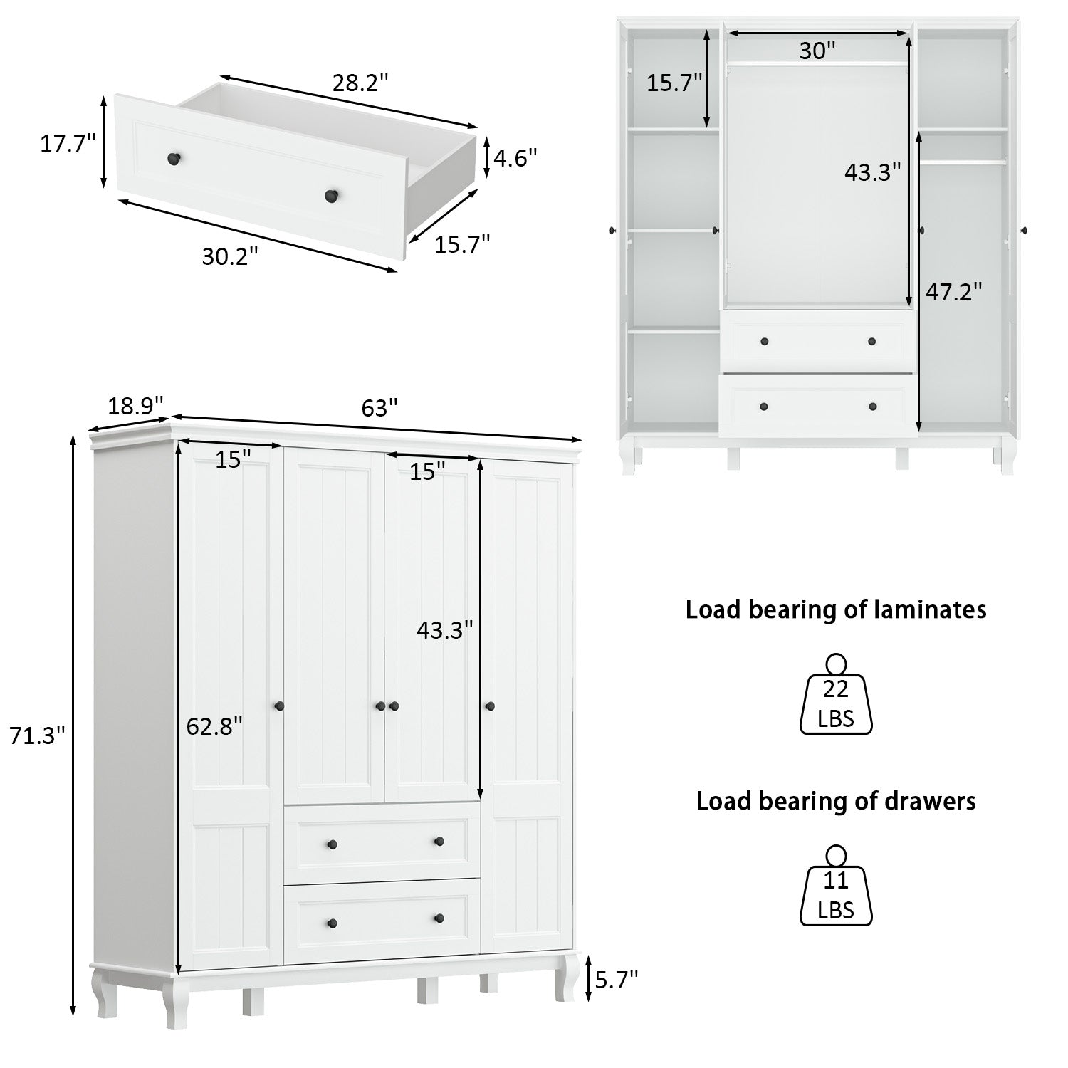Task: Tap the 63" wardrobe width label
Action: pyautogui.click(x=379, y=409)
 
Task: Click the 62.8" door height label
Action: pyautogui.click(x=214, y=726)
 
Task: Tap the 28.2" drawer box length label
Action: pyautogui.click(x=360, y=83)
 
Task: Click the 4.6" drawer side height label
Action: pyautogui.click(x=515, y=157)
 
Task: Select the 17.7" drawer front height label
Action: pyautogui.click(x=68, y=143)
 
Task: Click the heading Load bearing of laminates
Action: pyautogui.click(x=836, y=610)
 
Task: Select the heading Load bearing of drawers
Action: pyautogui.click(x=836, y=801)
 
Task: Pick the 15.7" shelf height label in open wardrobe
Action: pyautogui.click(x=674, y=83)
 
